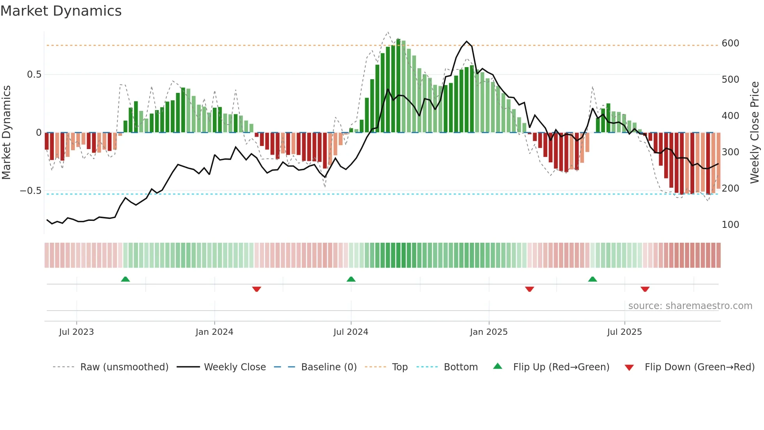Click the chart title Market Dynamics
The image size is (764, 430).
pyautogui.click(x=61, y=11)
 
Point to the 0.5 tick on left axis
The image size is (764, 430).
pyautogui.click(x=34, y=75)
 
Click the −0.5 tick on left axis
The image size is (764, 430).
pyautogui.click(x=31, y=191)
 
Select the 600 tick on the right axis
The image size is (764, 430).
pyautogui.click(x=730, y=43)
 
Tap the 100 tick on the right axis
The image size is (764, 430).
pyautogui.click(x=730, y=225)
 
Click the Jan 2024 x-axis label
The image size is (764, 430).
pyautogui.click(x=214, y=332)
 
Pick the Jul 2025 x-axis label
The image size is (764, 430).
pyautogui.click(x=624, y=332)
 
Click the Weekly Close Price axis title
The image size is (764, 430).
pyautogui.click(x=755, y=133)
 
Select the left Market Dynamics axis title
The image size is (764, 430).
pyautogui.click(x=6, y=133)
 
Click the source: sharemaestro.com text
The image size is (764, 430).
pyautogui.click(x=690, y=306)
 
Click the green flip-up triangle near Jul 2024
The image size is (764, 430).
pyautogui.click(x=351, y=279)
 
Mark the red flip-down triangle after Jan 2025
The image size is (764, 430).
pyautogui.click(x=529, y=289)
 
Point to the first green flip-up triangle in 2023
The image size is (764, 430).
pyautogui.click(x=125, y=279)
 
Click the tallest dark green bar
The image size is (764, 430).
pyautogui.click(x=398, y=86)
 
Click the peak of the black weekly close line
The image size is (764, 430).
pyautogui.click(x=467, y=41)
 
